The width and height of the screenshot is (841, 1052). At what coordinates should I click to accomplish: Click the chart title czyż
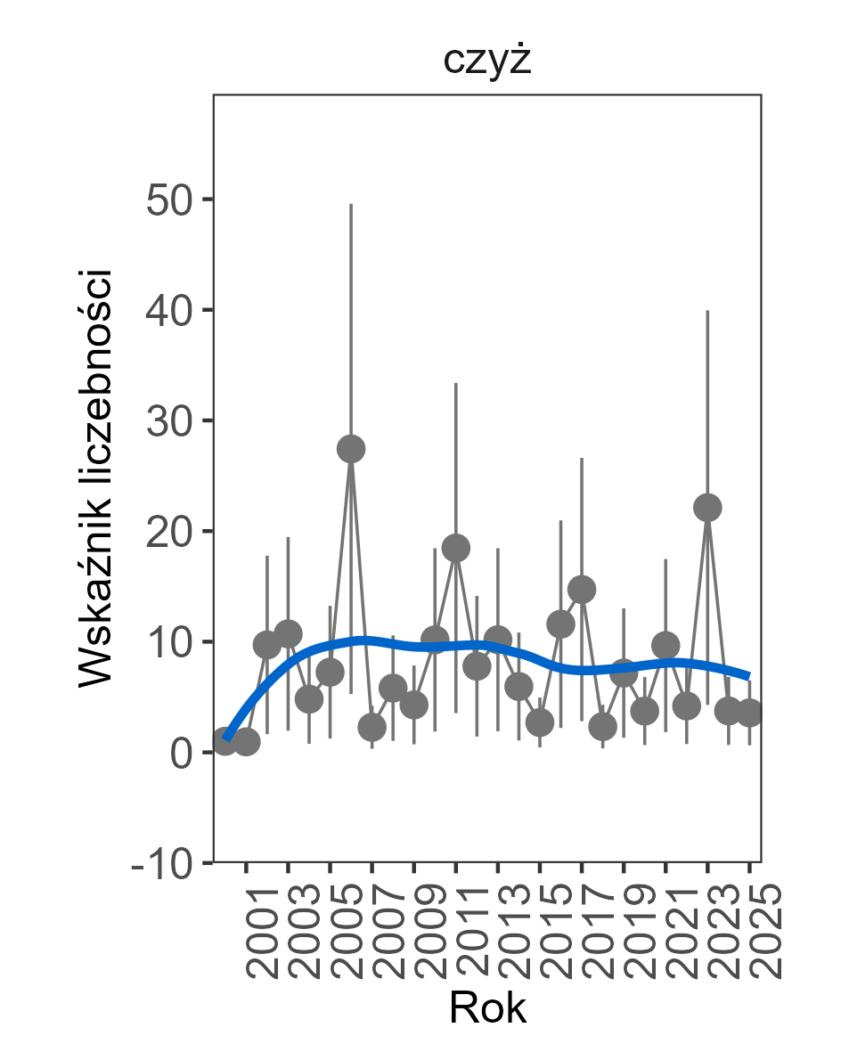coord(487,61)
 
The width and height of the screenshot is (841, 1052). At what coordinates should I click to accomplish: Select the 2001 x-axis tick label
coord(257,931)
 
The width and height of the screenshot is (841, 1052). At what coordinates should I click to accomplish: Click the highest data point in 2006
coord(351,449)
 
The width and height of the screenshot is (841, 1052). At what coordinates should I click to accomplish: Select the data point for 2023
coord(707,508)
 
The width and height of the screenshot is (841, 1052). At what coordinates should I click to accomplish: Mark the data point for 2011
coord(456,548)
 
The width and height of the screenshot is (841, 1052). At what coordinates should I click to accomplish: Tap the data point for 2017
coord(582,589)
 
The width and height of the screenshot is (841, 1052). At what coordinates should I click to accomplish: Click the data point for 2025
coord(749,713)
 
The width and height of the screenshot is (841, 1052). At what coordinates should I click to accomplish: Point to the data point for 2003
coord(288,634)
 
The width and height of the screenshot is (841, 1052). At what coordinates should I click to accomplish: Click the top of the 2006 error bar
coord(351,204)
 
